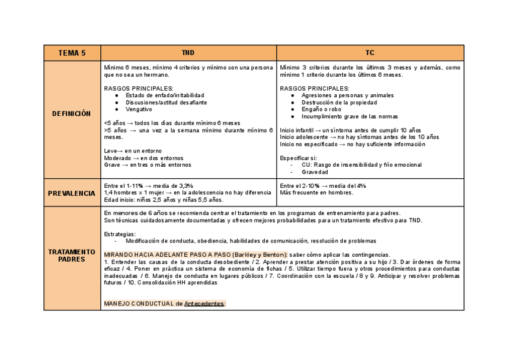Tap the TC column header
click(x=370, y=53)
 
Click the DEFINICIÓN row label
click(x=71, y=113)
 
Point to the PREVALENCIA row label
click(x=71, y=193)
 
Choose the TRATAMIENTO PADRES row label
click(x=71, y=256)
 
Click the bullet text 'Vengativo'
click(x=139, y=109)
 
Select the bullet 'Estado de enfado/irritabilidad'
click(x=164, y=95)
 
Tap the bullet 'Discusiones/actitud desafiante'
click(x=164, y=103)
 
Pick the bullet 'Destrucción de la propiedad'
click(x=339, y=103)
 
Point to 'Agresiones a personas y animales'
click(x=348, y=95)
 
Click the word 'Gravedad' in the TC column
click(x=315, y=172)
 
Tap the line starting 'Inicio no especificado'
click(x=352, y=144)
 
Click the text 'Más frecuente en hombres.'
click(x=316, y=193)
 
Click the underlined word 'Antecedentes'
click(x=203, y=304)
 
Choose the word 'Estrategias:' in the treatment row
click(x=120, y=234)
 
